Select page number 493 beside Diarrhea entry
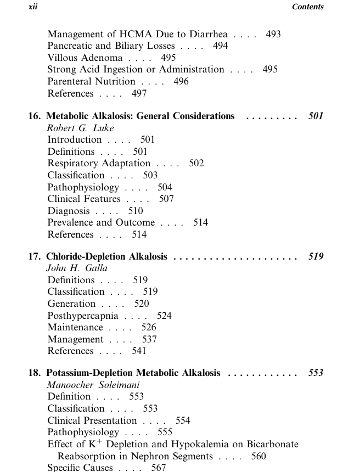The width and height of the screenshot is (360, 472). (x=273, y=34)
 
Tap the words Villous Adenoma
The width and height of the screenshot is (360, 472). (x=85, y=58)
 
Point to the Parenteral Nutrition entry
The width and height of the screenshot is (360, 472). (x=91, y=81)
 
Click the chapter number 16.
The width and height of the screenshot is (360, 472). (x=35, y=116)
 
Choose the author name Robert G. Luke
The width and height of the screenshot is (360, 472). (x=80, y=128)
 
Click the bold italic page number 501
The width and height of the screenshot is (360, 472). (x=316, y=116)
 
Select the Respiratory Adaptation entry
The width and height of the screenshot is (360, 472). (x=99, y=163)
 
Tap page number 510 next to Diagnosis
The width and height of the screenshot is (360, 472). (x=135, y=210)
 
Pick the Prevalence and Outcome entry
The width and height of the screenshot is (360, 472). (x=101, y=222)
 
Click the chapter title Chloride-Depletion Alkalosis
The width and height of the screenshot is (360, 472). (x=106, y=256)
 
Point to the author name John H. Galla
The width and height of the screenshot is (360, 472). (x=77, y=268)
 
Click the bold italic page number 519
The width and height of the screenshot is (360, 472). (x=316, y=256)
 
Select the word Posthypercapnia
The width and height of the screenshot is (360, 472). (x=83, y=316)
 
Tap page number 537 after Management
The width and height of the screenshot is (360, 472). (x=149, y=339)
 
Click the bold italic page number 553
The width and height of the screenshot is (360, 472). (x=316, y=373)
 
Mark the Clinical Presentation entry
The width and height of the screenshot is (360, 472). (x=92, y=420)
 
